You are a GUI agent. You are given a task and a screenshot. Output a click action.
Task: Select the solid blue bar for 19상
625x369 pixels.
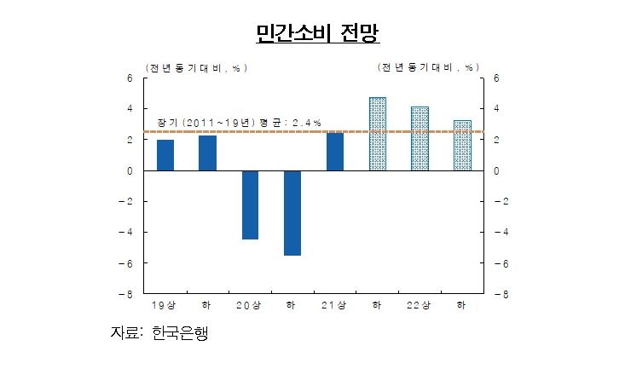165,155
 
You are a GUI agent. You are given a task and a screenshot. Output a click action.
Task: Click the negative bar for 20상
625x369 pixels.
250,205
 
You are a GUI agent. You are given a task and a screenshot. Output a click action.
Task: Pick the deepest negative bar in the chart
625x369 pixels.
292,212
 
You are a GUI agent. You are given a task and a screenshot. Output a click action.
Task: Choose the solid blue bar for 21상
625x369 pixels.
335,152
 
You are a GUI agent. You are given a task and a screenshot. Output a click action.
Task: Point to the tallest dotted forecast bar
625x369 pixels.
378,134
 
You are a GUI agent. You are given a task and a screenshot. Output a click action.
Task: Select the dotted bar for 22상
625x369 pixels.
420,138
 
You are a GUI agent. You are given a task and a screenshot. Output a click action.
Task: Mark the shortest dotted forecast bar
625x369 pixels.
462,145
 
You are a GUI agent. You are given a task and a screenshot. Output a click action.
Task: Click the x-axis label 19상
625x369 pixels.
165,305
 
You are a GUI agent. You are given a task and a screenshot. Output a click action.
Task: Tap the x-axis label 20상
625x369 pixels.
249,305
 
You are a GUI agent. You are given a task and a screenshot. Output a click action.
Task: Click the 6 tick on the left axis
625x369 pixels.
130,78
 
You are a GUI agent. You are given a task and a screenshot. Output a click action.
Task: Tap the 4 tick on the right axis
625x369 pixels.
497,109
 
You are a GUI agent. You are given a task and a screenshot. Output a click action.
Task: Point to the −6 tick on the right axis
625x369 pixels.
499,263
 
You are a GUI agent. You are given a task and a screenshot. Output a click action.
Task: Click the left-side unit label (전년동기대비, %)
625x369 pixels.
193,66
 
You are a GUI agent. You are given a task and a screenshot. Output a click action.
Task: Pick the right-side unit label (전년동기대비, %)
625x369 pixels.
428,66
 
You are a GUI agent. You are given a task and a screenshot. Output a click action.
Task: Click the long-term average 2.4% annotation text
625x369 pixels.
239,123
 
